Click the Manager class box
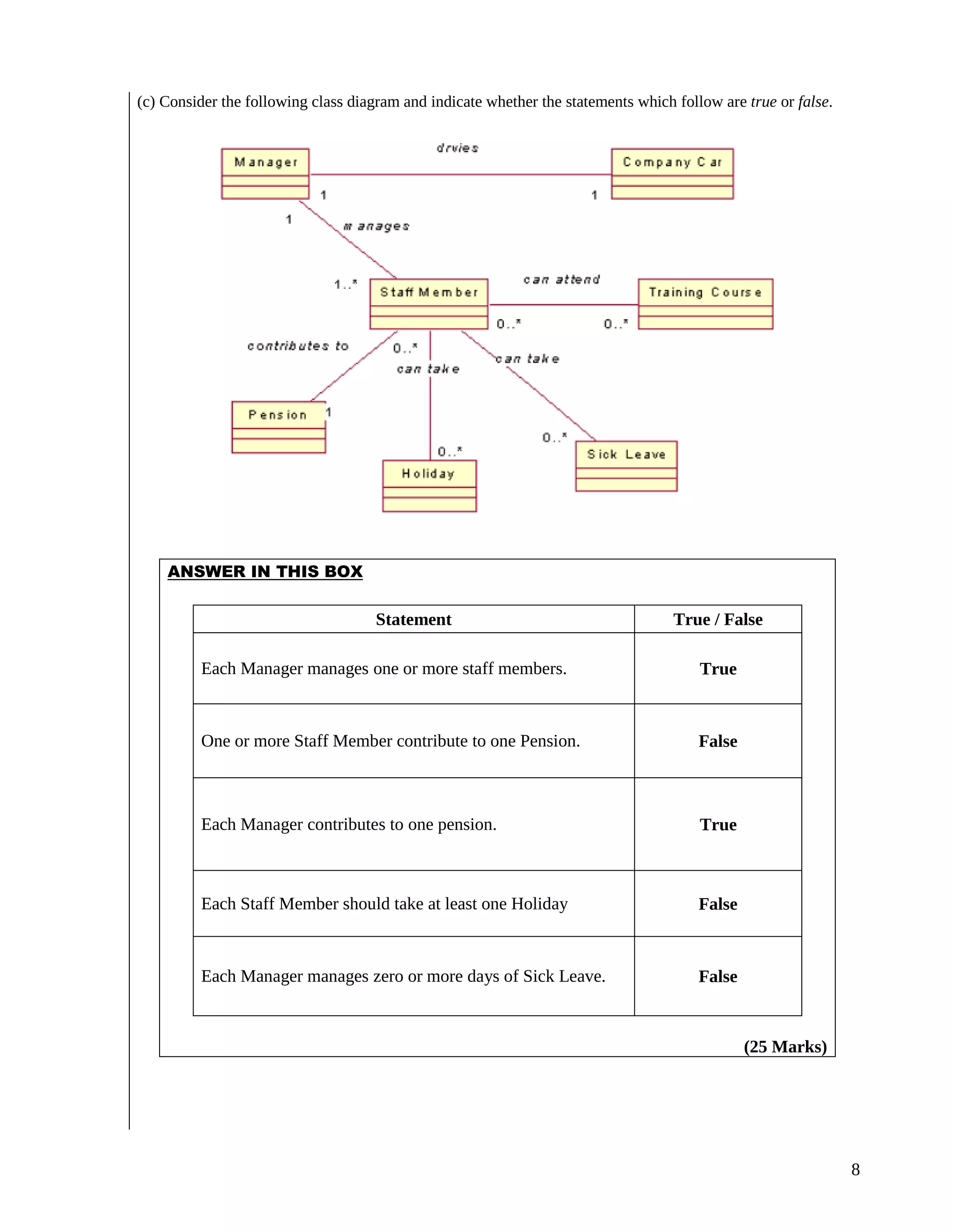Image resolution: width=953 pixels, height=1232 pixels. click(265, 174)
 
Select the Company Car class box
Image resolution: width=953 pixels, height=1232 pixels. click(672, 174)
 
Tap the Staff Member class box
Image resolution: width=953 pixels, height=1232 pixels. click(429, 304)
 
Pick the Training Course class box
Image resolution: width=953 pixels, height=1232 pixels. click(705, 304)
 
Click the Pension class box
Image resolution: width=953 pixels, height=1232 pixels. click(278, 427)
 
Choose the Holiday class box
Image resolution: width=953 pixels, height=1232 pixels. click(429, 486)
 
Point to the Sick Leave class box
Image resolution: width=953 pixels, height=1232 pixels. click(626, 466)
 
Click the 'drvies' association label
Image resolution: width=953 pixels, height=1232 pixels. click(457, 148)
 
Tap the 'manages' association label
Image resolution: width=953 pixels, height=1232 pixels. click(376, 226)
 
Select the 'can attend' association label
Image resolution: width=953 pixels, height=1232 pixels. click(561, 280)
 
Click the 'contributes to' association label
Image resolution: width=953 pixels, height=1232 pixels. click(297, 346)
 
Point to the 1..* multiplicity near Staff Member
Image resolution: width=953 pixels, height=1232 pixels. click(346, 284)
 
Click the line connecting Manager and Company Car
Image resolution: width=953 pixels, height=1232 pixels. click(460, 174)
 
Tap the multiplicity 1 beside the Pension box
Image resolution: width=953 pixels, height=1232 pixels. click(329, 412)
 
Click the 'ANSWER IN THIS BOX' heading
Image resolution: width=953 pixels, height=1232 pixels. click(265, 571)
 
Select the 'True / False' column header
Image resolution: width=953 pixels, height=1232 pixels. click(718, 619)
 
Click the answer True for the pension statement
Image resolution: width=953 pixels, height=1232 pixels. click(718, 825)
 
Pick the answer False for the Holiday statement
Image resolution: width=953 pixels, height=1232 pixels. click(718, 904)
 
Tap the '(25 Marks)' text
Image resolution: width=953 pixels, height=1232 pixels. click(785, 1047)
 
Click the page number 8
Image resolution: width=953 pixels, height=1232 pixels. click(855, 1169)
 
